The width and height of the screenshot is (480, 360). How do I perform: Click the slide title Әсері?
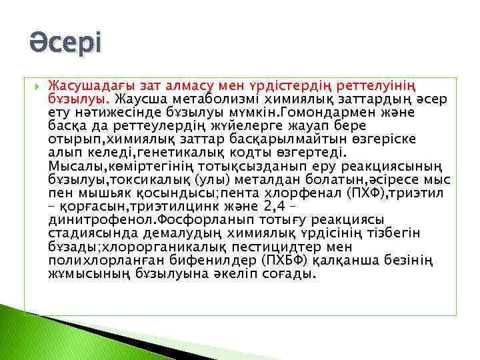(x=65, y=45)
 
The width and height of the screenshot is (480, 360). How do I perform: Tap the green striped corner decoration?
(x=40, y=333)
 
